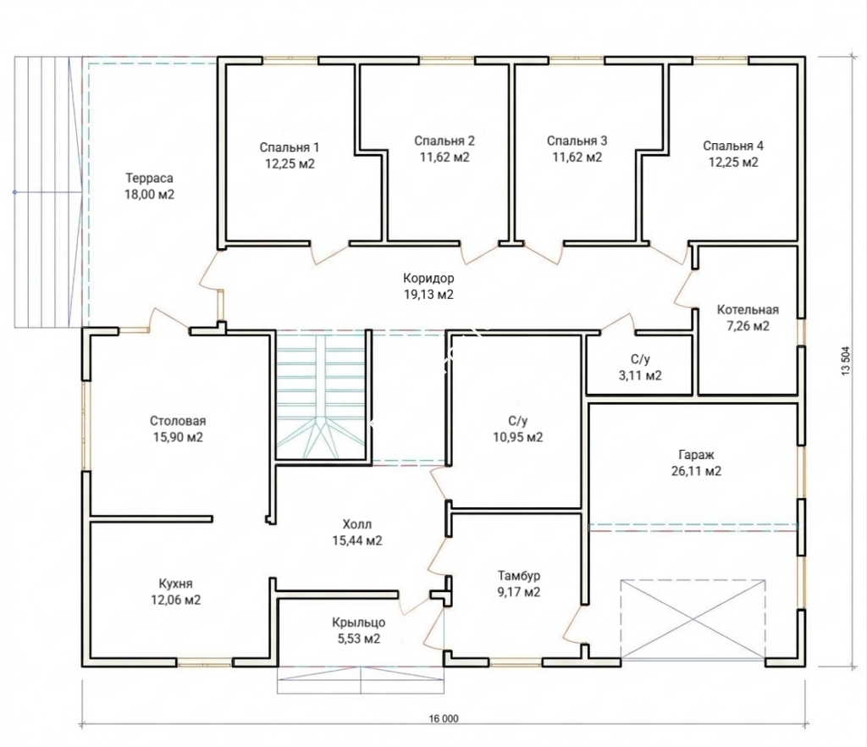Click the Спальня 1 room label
click(290, 147)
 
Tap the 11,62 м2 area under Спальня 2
click(445, 157)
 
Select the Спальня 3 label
click(577, 141)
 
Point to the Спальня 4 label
click(733, 146)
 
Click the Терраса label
click(149, 178)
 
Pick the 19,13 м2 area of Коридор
click(428, 295)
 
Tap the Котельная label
click(748, 310)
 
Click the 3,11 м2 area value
click(640, 375)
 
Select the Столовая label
click(178, 421)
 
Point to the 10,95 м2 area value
click(518, 437)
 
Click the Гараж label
click(696, 455)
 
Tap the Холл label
click(357, 524)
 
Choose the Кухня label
click(176, 584)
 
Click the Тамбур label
click(519, 576)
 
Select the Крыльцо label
click(359, 622)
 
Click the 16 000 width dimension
click(444, 719)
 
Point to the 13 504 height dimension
click(847, 361)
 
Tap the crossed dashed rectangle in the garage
click(693, 619)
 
